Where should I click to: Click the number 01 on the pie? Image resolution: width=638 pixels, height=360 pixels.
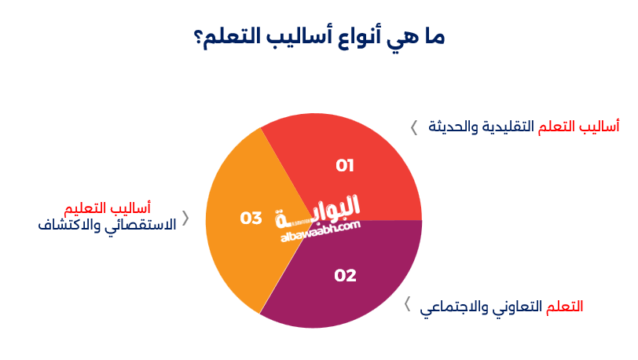pos(345,166)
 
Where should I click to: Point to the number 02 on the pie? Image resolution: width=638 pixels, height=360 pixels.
pos(345,276)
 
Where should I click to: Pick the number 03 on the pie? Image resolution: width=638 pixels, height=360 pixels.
pos(251,218)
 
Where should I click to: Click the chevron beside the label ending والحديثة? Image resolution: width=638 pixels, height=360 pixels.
pos(414,127)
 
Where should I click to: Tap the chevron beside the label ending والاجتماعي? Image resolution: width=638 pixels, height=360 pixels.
pos(407,305)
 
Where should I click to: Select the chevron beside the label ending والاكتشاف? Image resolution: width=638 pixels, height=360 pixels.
pos(185,218)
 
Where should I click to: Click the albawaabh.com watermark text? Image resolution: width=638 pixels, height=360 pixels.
pos(318,228)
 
